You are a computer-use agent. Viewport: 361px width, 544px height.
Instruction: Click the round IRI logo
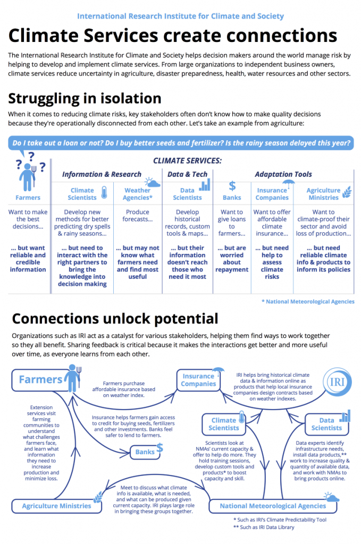click(337, 382)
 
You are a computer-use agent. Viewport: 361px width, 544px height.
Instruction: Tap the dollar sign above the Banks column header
click(232, 186)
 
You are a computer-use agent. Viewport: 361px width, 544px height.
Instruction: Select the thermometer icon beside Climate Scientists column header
click(104, 192)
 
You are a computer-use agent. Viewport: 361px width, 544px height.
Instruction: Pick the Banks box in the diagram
click(145, 452)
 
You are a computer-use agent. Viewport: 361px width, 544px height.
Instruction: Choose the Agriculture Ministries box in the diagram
click(56, 506)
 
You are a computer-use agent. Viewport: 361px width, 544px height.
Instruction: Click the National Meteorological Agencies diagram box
click(273, 506)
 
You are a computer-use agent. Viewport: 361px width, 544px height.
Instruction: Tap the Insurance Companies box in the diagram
click(198, 380)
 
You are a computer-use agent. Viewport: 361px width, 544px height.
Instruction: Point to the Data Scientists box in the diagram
click(326, 424)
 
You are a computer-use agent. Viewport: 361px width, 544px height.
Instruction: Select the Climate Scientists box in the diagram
click(223, 424)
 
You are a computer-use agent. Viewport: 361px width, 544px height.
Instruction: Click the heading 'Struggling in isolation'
click(85, 98)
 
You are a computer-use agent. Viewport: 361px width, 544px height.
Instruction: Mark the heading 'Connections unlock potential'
click(115, 319)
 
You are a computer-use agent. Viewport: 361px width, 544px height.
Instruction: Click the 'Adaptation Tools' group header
click(283, 174)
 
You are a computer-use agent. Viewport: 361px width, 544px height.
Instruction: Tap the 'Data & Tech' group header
click(188, 174)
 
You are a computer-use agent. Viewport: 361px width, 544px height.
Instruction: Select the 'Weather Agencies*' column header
click(138, 194)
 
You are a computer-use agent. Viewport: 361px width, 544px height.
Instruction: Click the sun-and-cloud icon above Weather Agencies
click(153, 183)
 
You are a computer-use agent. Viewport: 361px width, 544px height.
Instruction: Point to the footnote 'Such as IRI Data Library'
click(264, 528)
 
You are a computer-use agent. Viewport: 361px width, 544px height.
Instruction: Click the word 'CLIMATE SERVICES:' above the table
click(188, 160)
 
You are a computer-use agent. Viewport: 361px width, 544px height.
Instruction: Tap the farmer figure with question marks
click(29, 172)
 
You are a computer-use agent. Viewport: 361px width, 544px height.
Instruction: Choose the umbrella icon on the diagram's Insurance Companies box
click(218, 371)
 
